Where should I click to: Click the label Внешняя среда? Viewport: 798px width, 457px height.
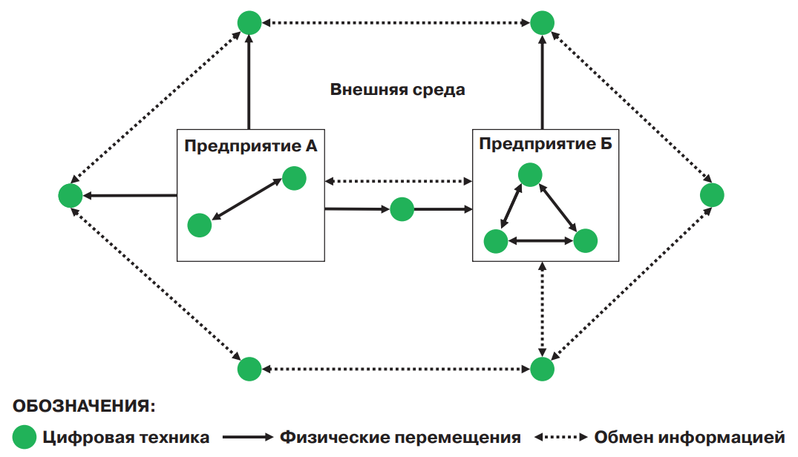point(398,91)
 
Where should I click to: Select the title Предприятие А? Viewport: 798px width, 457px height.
point(251,146)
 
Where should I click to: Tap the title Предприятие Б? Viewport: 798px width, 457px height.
point(546,144)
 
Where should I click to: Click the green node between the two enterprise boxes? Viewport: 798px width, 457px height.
point(402,209)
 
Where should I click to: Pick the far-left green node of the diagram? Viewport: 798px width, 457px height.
point(70,196)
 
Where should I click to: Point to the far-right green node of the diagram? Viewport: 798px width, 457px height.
point(712,195)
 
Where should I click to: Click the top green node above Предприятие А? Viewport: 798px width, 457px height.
point(249,22)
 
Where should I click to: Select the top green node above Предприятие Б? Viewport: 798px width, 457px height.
point(543,22)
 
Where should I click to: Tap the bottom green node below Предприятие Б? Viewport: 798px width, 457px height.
point(543,369)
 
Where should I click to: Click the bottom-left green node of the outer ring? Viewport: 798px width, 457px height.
point(249,369)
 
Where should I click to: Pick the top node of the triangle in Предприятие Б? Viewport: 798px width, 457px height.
point(529,175)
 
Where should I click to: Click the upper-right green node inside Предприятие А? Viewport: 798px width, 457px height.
point(294,178)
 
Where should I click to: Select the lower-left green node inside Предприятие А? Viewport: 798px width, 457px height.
point(200,225)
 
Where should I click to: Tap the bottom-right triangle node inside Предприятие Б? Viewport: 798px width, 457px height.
point(586,240)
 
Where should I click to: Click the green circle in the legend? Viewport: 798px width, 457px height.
point(24,437)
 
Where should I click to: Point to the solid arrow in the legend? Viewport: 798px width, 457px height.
point(248,437)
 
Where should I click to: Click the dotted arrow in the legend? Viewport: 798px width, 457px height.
point(561,437)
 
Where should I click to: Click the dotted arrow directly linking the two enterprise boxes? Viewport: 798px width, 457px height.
point(399,180)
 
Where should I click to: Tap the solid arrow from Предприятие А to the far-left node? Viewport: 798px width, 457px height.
point(130,196)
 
